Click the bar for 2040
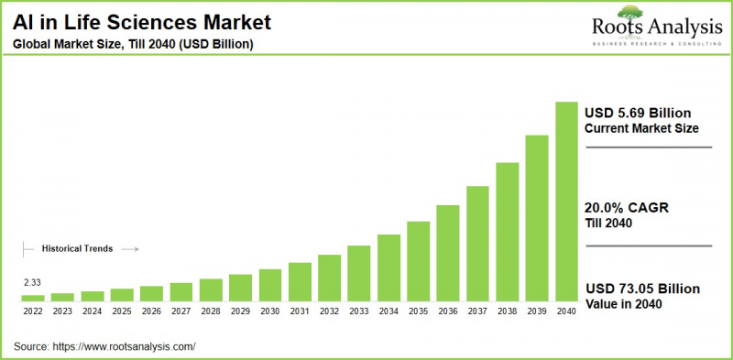566,202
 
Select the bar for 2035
418,261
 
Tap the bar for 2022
33,298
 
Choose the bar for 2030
269,285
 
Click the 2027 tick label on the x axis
181,311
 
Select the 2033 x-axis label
358,311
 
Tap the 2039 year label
536,311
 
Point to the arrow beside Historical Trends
129,248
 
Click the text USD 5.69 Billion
637,113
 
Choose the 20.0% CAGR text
627,209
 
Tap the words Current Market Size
640,128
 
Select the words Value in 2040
623,304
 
